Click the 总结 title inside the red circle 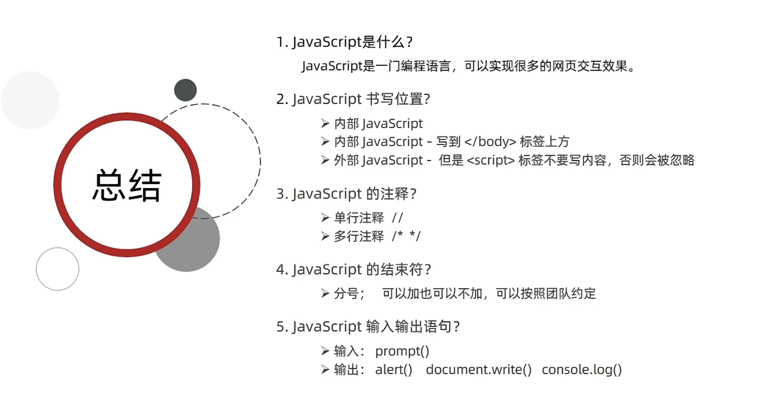tap(127, 185)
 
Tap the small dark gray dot tap(186, 90)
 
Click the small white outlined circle tap(58, 269)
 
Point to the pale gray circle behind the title tap(30, 100)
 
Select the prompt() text tap(402, 351)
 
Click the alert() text tap(394, 370)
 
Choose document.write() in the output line tap(478, 370)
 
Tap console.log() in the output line tap(581, 370)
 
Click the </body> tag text tap(490, 142)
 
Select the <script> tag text tap(491, 160)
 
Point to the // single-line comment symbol tap(397, 218)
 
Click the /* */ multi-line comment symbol tap(406, 236)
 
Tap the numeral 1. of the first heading tap(282, 42)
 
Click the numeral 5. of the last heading tap(282, 327)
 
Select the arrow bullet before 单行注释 tap(325, 218)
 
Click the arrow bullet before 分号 tap(325, 293)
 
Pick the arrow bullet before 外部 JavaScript tap(325, 160)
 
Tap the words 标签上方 tap(545, 142)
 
